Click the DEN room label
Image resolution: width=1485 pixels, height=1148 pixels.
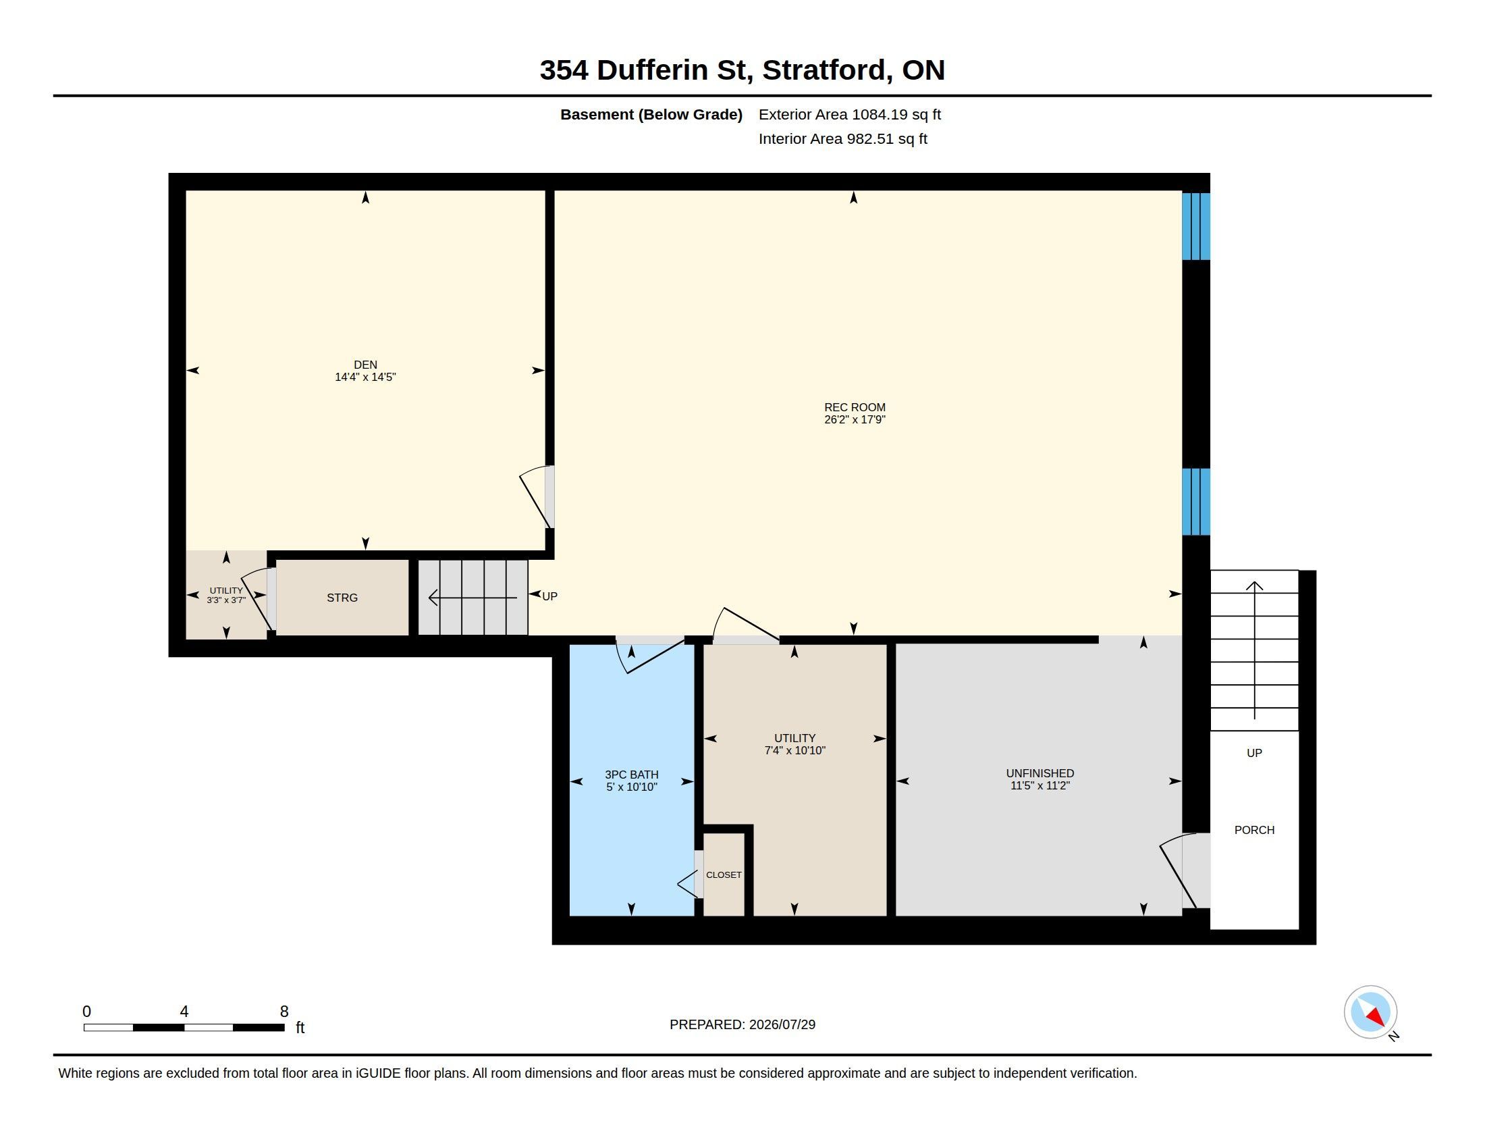click(365, 365)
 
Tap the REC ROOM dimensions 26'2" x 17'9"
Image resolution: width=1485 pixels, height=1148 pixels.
click(855, 419)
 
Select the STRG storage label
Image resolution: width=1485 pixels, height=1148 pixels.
click(342, 598)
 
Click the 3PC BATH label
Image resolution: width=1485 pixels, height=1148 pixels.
click(632, 775)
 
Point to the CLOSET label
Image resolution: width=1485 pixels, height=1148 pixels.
click(724, 875)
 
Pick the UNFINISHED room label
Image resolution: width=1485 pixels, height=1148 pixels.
click(1040, 773)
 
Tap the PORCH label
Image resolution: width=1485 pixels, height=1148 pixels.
click(1255, 830)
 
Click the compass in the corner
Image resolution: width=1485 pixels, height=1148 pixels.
click(1371, 1012)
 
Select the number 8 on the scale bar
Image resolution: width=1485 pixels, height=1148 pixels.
click(284, 1012)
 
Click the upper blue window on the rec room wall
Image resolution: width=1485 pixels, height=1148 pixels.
click(1196, 226)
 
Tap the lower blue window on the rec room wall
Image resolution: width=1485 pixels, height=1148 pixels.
click(1196, 502)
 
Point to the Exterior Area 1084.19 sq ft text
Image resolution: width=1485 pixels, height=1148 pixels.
click(850, 114)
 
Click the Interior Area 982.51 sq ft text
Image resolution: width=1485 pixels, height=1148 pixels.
click(843, 138)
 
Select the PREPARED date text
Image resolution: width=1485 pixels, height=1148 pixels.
click(742, 1024)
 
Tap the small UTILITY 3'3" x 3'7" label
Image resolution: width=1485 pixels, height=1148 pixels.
click(226, 595)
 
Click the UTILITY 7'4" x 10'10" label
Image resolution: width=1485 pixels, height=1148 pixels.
click(795, 744)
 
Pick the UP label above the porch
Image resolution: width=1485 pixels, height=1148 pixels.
click(1255, 753)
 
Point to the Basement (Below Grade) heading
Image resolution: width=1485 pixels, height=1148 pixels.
click(651, 114)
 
